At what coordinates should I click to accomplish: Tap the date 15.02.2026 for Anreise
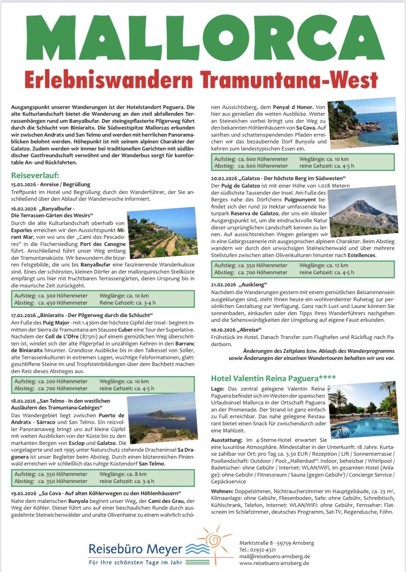(x=23, y=184)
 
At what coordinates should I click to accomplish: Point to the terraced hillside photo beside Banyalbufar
(x=162, y=232)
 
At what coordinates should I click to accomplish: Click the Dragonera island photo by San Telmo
(x=162, y=417)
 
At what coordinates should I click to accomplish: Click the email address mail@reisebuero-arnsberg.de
(x=275, y=556)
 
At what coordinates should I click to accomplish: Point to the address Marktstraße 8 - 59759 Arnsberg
(x=277, y=542)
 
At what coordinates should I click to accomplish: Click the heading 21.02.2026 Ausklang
(x=238, y=285)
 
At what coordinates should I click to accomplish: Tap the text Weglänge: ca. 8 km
(x=123, y=474)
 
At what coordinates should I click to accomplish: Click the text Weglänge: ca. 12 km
(x=324, y=265)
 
